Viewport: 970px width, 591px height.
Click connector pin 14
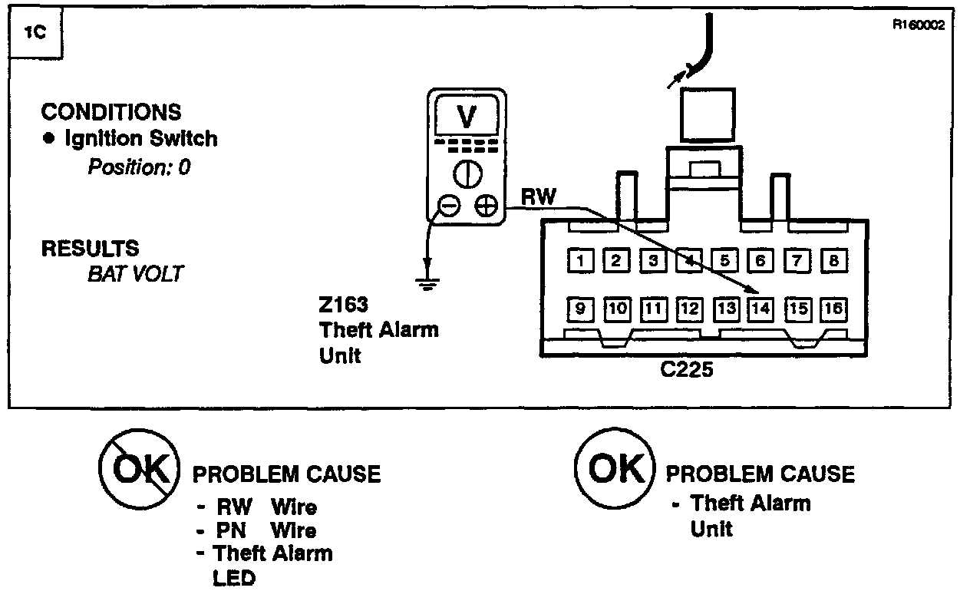(x=760, y=309)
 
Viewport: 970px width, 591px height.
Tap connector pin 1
(x=581, y=261)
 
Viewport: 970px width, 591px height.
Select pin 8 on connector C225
(x=833, y=261)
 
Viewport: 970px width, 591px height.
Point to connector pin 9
(x=581, y=309)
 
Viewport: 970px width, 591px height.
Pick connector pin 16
(x=833, y=309)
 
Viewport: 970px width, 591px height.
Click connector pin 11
(x=653, y=309)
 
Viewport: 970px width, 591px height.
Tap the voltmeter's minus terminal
(x=450, y=205)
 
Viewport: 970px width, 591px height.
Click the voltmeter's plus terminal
(x=485, y=205)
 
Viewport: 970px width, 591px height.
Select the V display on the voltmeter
(x=466, y=117)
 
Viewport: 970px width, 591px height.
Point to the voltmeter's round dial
(x=467, y=173)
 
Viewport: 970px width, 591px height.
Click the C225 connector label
(x=687, y=369)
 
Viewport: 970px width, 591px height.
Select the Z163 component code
(x=341, y=304)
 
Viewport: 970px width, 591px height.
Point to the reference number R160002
(x=918, y=24)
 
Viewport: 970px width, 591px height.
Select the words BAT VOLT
(x=135, y=274)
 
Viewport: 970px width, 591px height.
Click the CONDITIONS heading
(x=111, y=112)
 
